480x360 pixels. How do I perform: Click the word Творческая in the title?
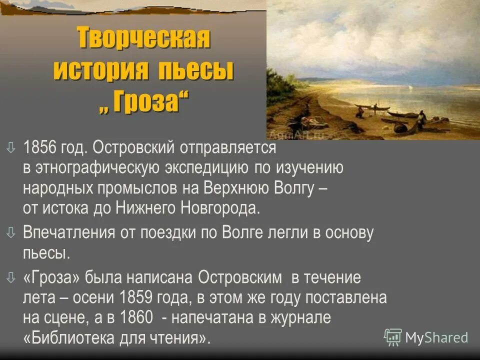tap(143, 38)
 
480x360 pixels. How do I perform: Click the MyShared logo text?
tap(436, 337)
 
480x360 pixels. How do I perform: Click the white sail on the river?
tap(411, 89)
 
